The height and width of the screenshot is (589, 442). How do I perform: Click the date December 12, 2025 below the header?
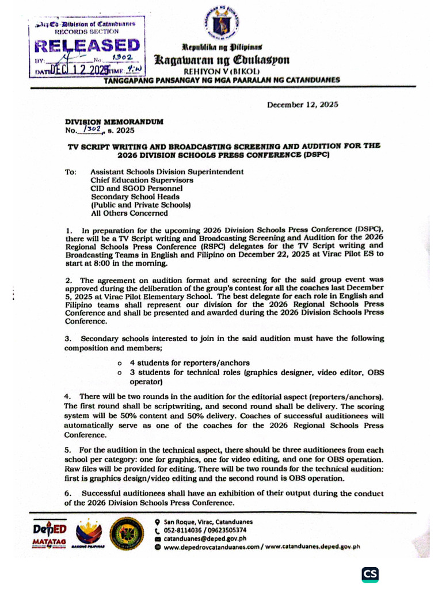click(x=302, y=105)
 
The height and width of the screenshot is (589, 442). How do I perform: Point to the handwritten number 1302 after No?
click(x=92, y=131)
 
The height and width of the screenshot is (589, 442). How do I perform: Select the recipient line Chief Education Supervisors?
click(x=142, y=180)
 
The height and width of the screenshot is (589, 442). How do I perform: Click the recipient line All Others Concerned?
click(x=129, y=213)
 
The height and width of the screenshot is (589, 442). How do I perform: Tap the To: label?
click(x=70, y=172)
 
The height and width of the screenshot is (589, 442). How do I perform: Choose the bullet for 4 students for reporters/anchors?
click(x=119, y=364)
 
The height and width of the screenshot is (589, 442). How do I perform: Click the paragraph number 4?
click(x=67, y=397)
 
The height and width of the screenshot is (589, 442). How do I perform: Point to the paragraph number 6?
click(x=67, y=494)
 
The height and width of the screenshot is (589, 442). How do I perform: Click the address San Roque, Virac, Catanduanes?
click(x=208, y=522)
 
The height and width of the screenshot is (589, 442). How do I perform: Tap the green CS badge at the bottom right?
click(x=370, y=574)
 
